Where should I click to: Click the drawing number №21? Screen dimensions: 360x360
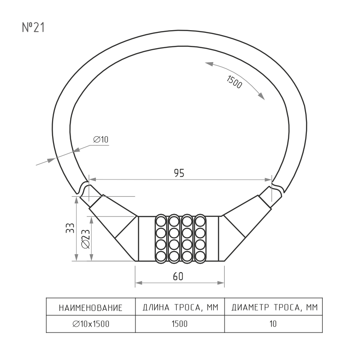click(33, 27)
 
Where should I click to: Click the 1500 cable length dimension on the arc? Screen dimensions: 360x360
click(234, 82)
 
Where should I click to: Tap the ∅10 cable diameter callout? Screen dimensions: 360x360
click(101, 139)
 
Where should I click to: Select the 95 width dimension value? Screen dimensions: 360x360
click(179, 173)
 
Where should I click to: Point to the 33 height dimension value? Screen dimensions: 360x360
click(70, 228)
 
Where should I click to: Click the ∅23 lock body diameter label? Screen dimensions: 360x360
click(86, 239)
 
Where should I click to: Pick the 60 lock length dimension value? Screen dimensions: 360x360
click(178, 276)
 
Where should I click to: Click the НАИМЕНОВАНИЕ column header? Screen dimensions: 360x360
click(91, 308)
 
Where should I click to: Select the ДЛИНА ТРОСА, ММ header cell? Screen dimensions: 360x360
click(180, 307)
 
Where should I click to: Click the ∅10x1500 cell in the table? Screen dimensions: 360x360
click(91, 324)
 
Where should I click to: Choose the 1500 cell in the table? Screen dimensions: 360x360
click(180, 324)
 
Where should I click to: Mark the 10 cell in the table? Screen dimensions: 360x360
click(273, 324)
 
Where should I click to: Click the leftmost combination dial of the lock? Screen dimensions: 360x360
click(161, 239)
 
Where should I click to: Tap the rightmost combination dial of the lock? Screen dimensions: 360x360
click(200, 239)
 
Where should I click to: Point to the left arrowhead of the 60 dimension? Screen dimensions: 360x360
click(139, 283)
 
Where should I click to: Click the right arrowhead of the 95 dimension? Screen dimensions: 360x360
click(268, 180)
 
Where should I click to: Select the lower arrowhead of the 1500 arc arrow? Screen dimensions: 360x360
click(261, 97)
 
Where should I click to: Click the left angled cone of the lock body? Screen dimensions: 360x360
click(114, 227)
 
